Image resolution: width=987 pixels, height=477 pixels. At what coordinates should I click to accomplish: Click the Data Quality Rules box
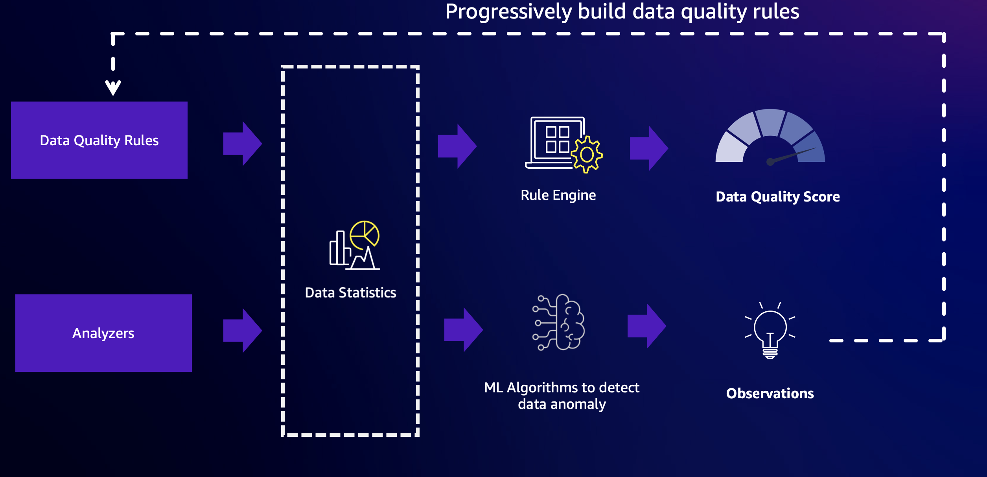pos(99,140)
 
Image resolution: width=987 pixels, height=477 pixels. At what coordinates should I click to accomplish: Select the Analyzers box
pos(103,333)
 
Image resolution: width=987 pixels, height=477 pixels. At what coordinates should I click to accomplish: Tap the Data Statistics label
pos(350,293)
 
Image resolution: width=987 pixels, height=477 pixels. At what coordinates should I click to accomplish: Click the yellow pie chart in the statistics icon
pos(365,235)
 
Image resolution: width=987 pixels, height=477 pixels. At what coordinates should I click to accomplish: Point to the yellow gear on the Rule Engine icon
pos(587,155)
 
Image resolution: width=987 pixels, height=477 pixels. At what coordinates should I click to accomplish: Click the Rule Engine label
pos(558,195)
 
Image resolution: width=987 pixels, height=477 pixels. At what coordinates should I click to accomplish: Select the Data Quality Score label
pos(777,196)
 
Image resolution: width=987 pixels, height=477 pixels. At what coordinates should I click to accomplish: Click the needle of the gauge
pos(792,155)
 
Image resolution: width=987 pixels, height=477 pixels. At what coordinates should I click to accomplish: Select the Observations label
pos(770,394)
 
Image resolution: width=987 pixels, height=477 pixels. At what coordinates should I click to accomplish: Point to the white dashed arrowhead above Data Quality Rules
pos(113,88)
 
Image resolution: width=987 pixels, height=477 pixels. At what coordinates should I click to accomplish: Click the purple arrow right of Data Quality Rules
pos(243,144)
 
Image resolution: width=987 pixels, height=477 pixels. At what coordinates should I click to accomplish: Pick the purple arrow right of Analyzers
pos(243,330)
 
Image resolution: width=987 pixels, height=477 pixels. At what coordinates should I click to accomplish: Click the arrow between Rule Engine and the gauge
pos(649,148)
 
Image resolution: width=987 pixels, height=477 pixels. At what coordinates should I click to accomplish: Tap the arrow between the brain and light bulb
pos(647,326)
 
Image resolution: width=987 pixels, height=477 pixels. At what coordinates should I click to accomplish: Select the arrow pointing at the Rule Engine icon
pos(457,146)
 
